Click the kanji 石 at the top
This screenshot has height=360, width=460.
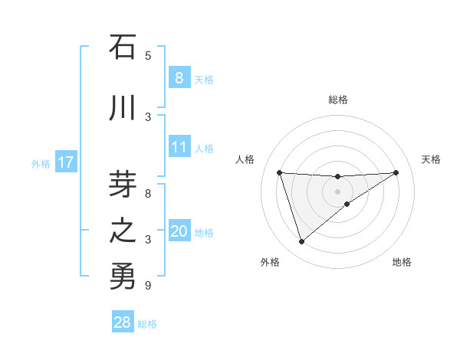click(x=123, y=47)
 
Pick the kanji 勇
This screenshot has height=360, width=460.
click(x=123, y=277)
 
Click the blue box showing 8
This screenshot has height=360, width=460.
click(x=179, y=78)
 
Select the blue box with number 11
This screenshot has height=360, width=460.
click(x=179, y=148)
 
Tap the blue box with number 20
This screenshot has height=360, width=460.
click(x=179, y=232)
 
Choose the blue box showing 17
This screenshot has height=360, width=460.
click(x=65, y=162)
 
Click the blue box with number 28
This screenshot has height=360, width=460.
click(x=123, y=322)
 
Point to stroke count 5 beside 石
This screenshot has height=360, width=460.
click(x=148, y=55)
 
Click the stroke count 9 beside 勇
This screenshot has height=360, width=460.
click(x=148, y=286)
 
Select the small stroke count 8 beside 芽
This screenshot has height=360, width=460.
click(x=148, y=194)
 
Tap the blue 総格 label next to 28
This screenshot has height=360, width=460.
click(x=147, y=323)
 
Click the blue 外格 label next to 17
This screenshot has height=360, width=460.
click(x=40, y=163)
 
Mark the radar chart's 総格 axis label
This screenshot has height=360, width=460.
click(x=337, y=100)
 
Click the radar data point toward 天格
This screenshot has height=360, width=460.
click(x=396, y=172)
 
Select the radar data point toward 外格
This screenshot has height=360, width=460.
click(x=301, y=242)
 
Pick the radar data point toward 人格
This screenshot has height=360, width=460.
click(x=279, y=172)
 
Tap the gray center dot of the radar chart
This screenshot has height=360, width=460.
click(x=337, y=191)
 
